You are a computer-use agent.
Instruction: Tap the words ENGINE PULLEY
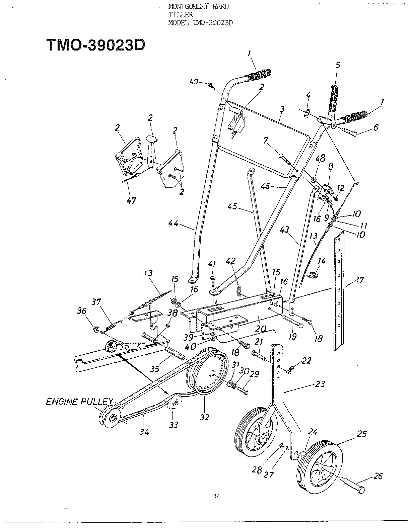[x=79, y=402]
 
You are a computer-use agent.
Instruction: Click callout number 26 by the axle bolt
[x=378, y=476]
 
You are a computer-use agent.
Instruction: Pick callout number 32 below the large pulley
[x=204, y=417]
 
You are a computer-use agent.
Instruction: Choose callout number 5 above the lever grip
[x=337, y=65]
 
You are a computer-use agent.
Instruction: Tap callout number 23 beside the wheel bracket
[x=320, y=384]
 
